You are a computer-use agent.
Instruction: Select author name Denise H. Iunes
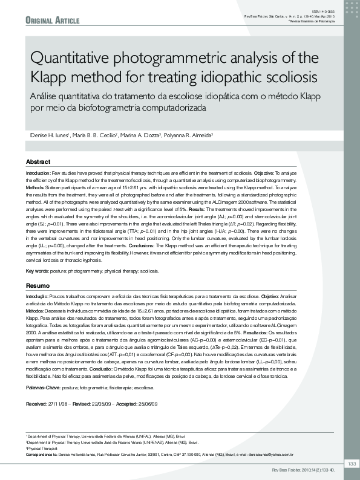[49, 134]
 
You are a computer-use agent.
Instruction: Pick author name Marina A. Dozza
[142, 134]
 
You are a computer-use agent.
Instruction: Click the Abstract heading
[38, 162]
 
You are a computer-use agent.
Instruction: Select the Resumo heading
[38, 285]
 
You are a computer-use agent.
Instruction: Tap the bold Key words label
[37, 271]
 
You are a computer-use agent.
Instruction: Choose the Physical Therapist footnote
[42, 449]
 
